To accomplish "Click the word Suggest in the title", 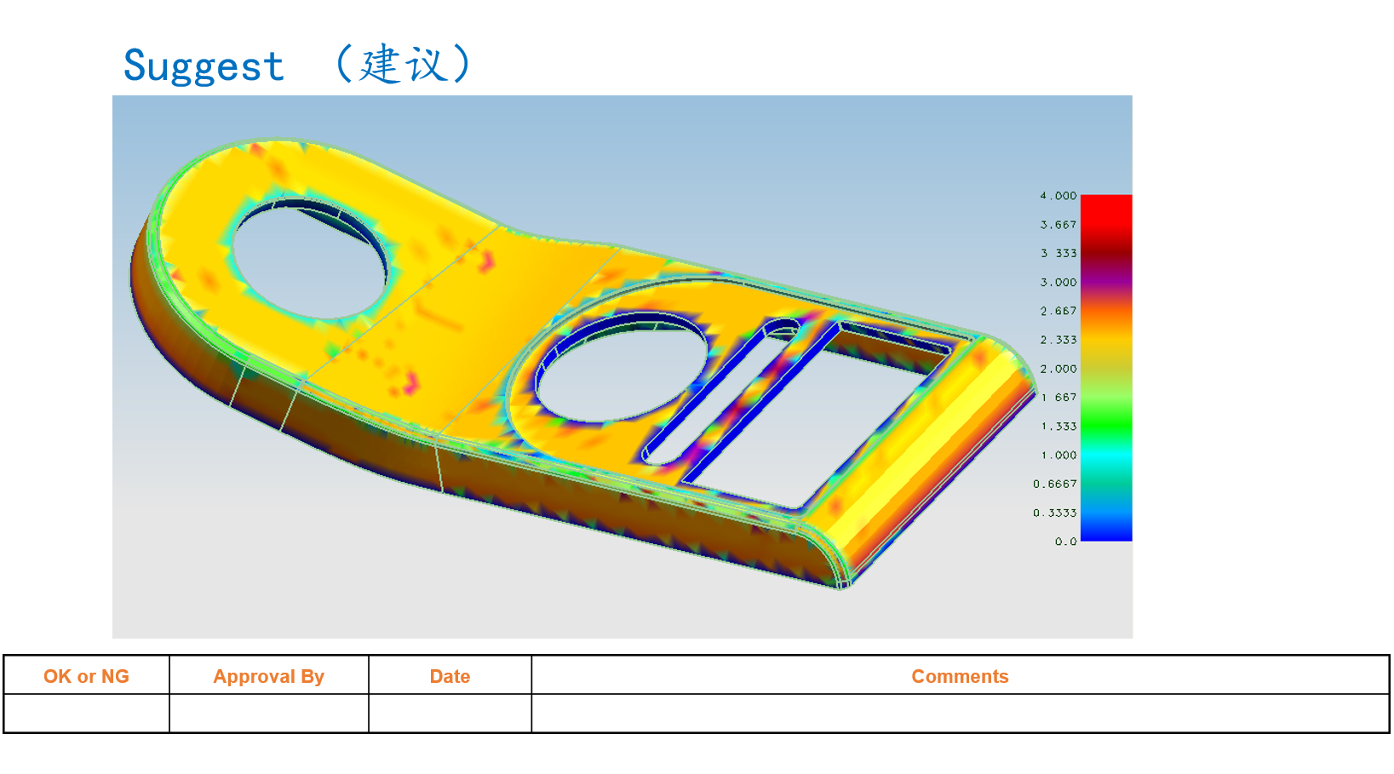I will [204, 66].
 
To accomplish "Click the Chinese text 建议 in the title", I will [403, 64].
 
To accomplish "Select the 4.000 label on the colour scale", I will [1058, 196].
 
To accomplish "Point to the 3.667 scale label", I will [1058, 225].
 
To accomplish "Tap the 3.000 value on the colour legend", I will [1058, 283].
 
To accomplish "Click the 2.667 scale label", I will [1058, 312].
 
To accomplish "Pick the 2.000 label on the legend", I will [1058, 369].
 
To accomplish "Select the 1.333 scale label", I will [1058, 427].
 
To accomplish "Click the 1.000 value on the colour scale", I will [1058, 456].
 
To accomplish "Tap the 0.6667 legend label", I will [1055, 484].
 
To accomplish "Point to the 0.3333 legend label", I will [1055, 513].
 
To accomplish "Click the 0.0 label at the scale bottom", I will [1065, 542].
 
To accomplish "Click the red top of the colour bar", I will [1106, 209].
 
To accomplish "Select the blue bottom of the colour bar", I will [1106, 530].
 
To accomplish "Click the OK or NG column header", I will [86, 676].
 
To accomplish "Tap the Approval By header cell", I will [268, 676].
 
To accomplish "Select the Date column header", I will [450, 676].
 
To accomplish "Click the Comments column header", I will [960, 676].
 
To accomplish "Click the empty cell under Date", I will [450, 714].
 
